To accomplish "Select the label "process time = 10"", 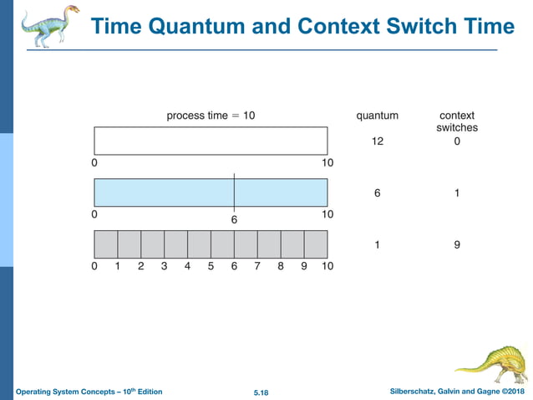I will point(211,115).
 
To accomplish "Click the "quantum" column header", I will point(377,115).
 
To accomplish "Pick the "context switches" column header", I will point(457,121).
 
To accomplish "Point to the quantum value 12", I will point(377,141).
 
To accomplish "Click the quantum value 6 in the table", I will point(377,193).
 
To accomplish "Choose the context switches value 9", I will point(457,245).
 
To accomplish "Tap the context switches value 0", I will point(457,141).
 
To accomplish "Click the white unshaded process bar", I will point(211,141).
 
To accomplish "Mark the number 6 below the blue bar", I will point(234,219).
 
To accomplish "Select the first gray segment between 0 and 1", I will point(106,244).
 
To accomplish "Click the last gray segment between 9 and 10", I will point(315,244).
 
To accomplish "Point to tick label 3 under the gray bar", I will point(164,266).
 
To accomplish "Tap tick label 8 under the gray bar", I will point(281,266).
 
